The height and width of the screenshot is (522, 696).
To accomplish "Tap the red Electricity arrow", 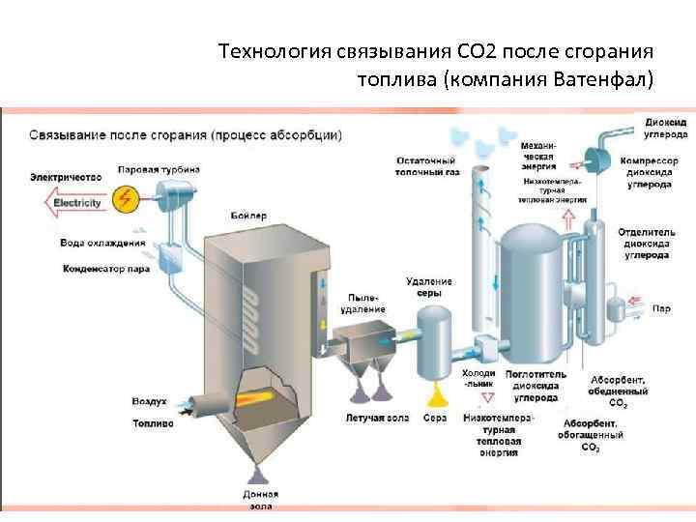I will (x=72, y=203).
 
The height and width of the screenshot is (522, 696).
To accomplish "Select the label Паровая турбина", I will (x=159, y=169).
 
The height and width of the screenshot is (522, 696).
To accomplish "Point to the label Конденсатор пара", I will (x=105, y=270).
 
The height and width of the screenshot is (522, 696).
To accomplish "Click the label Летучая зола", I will (x=369, y=419).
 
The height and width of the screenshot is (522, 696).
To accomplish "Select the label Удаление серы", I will (x=429, y=286).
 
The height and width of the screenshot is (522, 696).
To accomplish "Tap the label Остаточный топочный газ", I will (x=425, y=165).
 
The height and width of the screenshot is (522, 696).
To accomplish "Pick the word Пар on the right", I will (x=661, y=308).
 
